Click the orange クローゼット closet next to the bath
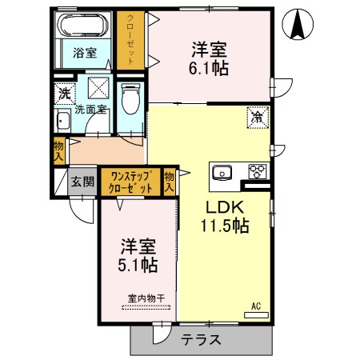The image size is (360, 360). tap(126, 40)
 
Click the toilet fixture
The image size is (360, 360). tap(132, 99)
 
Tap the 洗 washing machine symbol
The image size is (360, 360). tap(64, 93)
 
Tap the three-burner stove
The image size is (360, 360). tap(258, 170)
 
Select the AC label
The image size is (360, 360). tap(256, 306)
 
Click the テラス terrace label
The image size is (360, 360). tap(201, 339)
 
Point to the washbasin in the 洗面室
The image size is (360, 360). tap(62, 122)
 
